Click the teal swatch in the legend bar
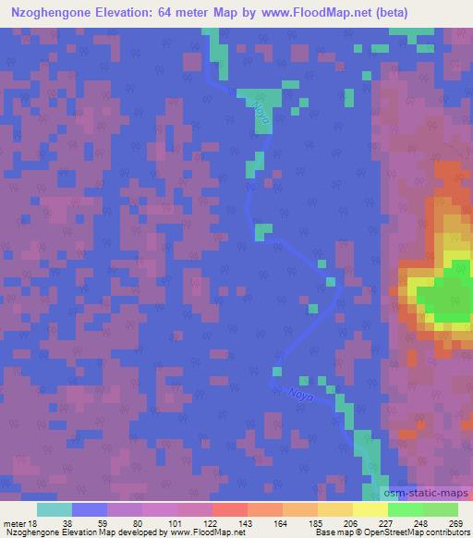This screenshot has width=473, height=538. click(x=55, y=509)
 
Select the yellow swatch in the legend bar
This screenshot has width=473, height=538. click(x=369, y=509)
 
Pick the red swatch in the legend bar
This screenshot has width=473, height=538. click(x=229, y=509)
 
